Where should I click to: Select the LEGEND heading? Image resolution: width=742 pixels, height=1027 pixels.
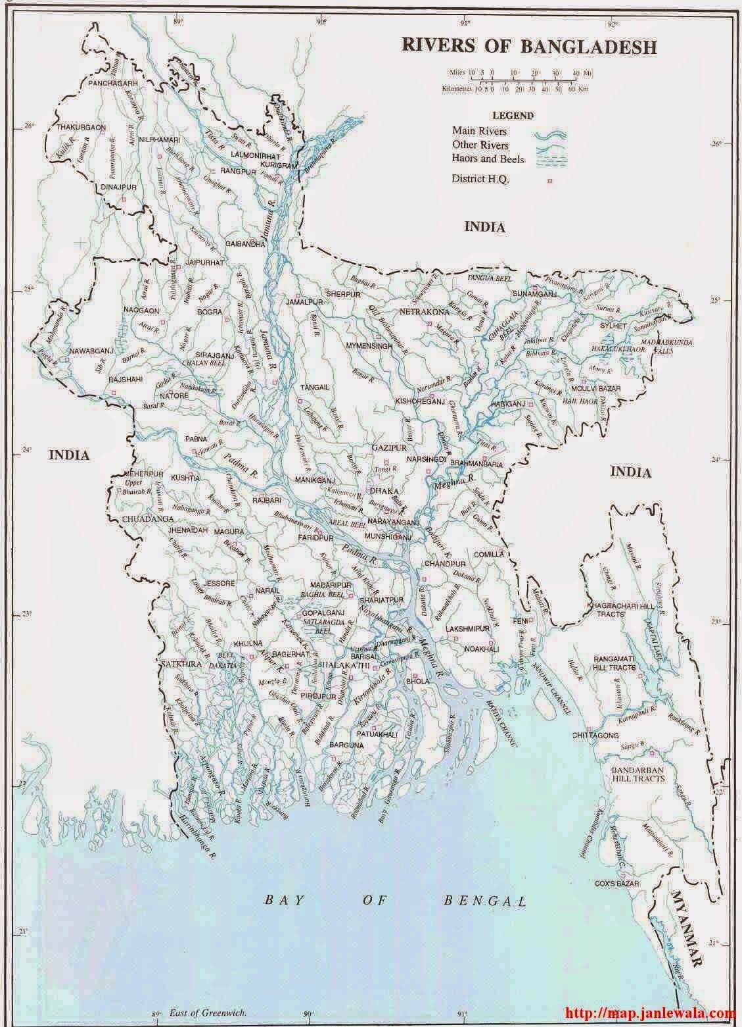[515, 115]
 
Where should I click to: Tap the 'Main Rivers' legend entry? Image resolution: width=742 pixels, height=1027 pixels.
[479, 131]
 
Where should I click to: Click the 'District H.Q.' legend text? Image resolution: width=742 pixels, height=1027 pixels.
[480, 178]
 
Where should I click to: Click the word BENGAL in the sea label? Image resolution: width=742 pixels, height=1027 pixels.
[485, 900]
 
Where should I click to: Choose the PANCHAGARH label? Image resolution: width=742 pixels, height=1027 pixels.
[113, 84]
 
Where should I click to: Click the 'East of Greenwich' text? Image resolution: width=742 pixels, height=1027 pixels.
[207, 1014]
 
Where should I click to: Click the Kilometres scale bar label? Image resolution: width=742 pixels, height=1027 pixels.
[457, 88]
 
